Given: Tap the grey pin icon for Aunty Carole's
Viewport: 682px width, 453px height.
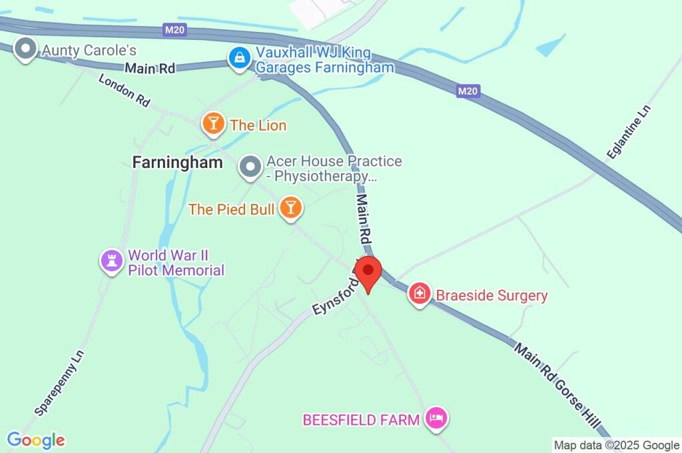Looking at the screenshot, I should click(26, 49).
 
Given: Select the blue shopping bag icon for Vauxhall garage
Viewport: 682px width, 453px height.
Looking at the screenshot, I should click(238, 58).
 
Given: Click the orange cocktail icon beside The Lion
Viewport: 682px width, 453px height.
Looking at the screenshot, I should click(212, 123).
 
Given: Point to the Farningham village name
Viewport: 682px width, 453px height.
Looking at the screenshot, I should click(177, 163).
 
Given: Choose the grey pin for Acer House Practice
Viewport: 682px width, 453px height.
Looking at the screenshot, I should click(250, 167).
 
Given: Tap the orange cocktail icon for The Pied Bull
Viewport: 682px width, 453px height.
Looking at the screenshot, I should click(290, 207).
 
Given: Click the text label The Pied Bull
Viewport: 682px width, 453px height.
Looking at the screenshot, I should click(231, 209).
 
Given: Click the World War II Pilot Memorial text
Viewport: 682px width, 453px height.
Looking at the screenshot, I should click(176, 262).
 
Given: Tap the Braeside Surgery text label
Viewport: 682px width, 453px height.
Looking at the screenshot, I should click(492, 295).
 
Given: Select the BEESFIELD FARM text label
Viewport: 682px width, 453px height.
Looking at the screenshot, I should click(361, 420).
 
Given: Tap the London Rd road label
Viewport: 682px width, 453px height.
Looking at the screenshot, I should click(125, 90).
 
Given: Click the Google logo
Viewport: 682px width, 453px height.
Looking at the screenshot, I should click(36, 440).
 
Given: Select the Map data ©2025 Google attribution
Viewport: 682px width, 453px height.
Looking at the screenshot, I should click(616, 445).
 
